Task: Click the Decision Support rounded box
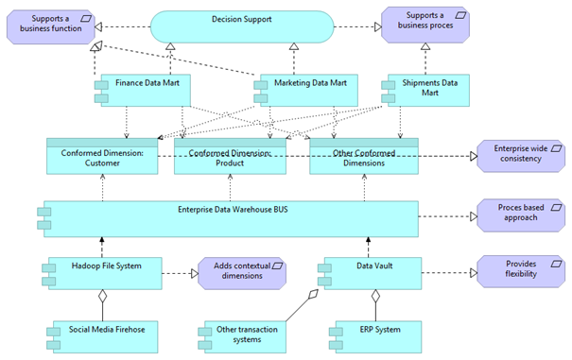point(242,26)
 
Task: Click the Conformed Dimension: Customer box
point(102,157)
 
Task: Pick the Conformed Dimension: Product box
point(230,157)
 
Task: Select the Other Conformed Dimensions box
point(364,157)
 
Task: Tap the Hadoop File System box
point(105,272)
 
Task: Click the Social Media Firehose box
point(105,335)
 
